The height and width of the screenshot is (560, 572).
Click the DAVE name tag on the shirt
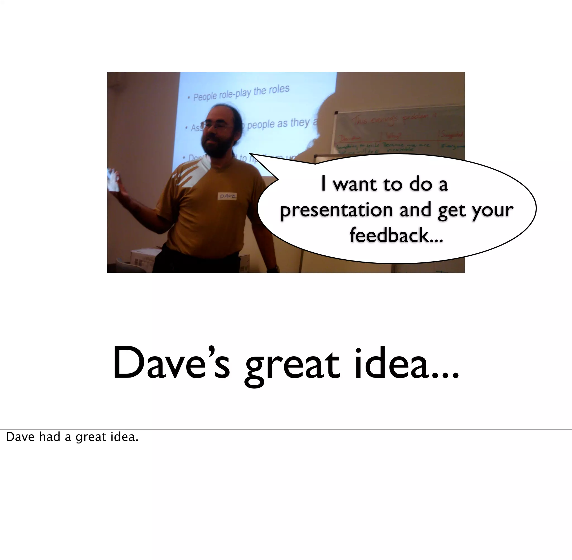(227, 196)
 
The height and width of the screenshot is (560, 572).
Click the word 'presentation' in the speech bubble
(336, 210)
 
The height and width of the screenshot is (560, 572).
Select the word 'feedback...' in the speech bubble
(396, 235)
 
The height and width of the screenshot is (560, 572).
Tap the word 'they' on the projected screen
(299, 122)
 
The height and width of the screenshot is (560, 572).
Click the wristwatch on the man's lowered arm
(273, 268)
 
